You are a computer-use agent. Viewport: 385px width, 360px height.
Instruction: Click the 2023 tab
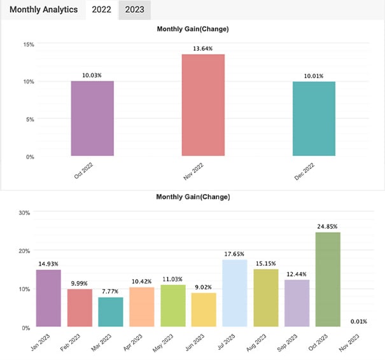[x=134, y=10]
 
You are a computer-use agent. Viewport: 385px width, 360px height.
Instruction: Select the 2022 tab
[x=101, y=10]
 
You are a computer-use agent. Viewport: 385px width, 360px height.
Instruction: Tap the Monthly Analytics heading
[x=44, y=10]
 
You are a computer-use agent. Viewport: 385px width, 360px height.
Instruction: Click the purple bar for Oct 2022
[x=92, y=118]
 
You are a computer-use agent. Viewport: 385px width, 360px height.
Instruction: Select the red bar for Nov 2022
[x=203, y=105]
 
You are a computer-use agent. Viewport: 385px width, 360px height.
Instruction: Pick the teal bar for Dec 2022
[x=314, y=118]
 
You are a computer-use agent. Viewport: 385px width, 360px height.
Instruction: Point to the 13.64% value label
[x=203, y=48]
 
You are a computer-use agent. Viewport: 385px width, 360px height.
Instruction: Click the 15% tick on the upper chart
[x=29, y=44]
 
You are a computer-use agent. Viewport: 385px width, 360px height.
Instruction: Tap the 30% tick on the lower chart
[x=24, y=212]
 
